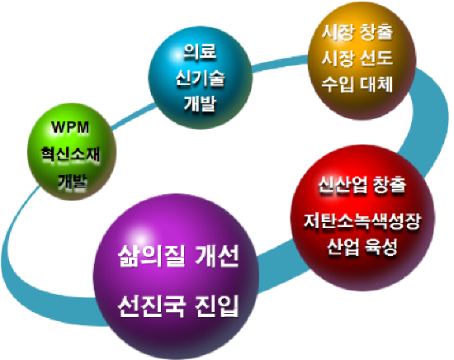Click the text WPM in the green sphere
pyautogui.click(x=70, y=127)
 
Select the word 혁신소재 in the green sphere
pyautogui.click(x=70, y=154)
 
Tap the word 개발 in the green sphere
pyautogui.click(x=73, y=181)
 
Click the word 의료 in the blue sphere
pyautogui.click(x=200, y=51)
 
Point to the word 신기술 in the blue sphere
pyautogui.click(x=200, y=78)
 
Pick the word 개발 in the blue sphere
pyautogui.click(x=200, y=103)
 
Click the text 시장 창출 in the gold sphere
pyautogui.click(x=357, y=31)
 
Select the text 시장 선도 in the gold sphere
pyautogui.click(x=357, y=58)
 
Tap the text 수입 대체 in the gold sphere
pyautogui.click(x=357, y=84)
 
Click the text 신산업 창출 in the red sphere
pyautogui.click(x=362, y=184)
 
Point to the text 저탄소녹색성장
pyautogui.click(x=362, y=221)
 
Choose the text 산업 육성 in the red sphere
pyautogui.click(x=362, y=247)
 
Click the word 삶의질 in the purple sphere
pyautogui.click(x=151, y=256)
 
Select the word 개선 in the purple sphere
pyautogui.click(x=217, y=256)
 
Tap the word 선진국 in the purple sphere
pyautogui.click(x=151, y=306)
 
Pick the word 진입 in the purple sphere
pyautogui.click(x=217, y=306)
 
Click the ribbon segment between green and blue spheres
pyautogui.click(x=134, y=116)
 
